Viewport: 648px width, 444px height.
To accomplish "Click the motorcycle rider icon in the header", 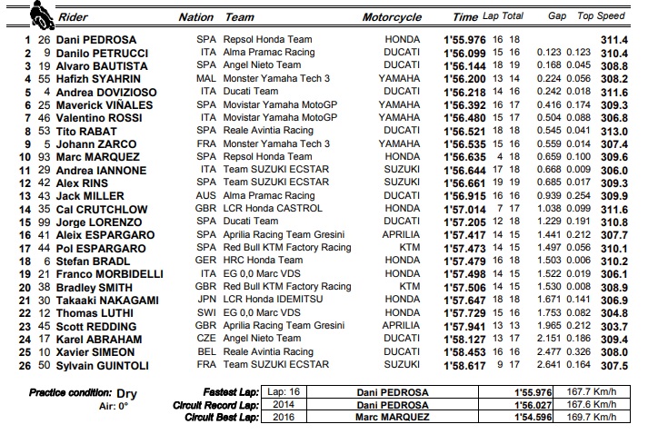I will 38,15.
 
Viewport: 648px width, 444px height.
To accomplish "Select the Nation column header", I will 195,17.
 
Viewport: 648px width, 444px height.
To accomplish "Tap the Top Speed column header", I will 602,17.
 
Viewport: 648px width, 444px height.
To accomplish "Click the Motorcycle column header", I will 392,17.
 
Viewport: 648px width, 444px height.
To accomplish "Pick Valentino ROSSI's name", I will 94,117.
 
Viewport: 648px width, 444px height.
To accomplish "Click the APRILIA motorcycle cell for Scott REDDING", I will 401,325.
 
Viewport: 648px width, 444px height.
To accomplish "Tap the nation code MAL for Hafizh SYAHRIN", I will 206,79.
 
